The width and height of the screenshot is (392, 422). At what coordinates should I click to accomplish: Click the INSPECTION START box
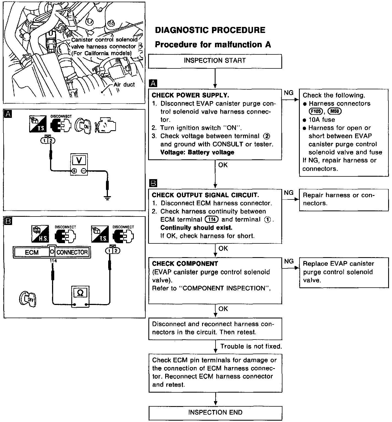tap(215, 61)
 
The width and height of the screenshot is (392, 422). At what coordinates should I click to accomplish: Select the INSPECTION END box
tap(215, 412)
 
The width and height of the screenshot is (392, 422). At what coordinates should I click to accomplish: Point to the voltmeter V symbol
tap(79, 160)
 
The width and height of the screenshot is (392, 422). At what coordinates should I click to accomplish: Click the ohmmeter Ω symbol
tap(80, 293)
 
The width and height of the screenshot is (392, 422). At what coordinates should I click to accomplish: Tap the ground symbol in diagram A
tap(107, 198)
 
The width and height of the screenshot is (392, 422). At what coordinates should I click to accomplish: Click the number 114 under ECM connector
tap(53, 261)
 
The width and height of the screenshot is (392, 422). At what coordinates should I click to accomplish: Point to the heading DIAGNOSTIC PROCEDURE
tap(210, 30)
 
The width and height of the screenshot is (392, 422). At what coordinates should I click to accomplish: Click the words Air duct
tap(124, 85)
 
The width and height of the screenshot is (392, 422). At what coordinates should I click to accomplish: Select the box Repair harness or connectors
tap(344, 199)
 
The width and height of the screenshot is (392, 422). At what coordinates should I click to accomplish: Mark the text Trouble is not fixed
tap(251, 346)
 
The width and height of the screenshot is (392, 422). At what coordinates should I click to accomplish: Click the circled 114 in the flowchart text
tap(212, 220)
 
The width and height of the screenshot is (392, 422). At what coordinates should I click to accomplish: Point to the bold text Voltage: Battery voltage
tap(197, 152)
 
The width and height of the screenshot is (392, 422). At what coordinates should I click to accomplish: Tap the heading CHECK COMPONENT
tap(185, 264)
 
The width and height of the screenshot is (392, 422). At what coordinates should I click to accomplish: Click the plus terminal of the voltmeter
tap(74, 171)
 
